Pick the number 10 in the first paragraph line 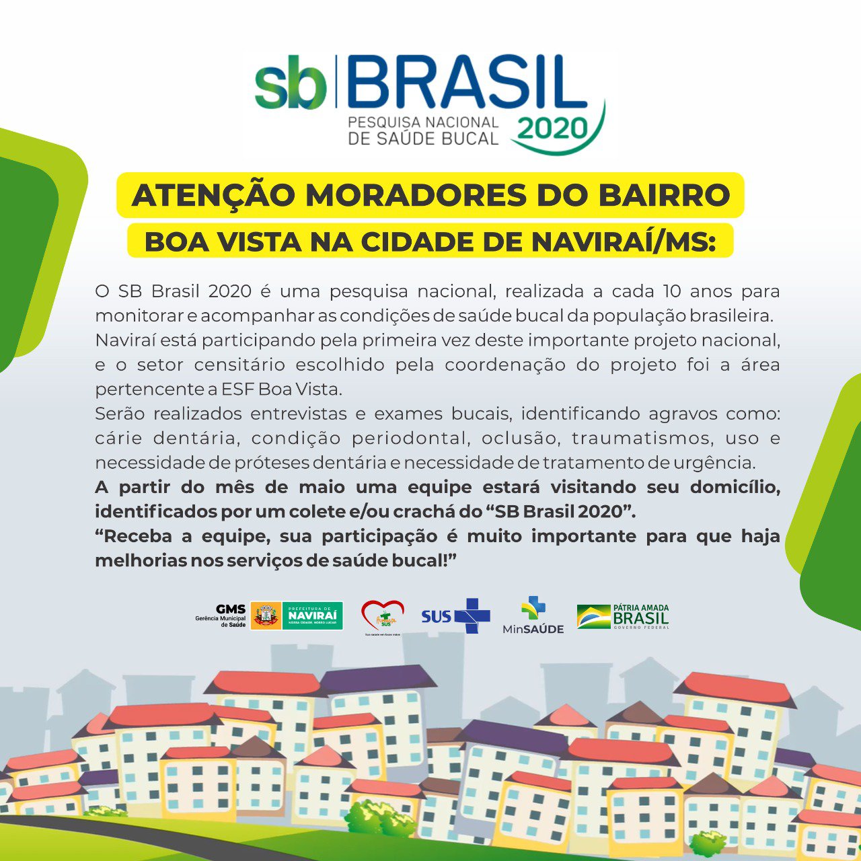[x=672, y=292]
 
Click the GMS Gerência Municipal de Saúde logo [x=221, y=615]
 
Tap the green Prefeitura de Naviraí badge [x=311, y=615]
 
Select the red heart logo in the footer [x=382, y=615]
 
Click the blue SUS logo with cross [x=456, y=615]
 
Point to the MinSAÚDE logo [x=533, y=615]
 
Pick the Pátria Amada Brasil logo [x=624, y=616]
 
